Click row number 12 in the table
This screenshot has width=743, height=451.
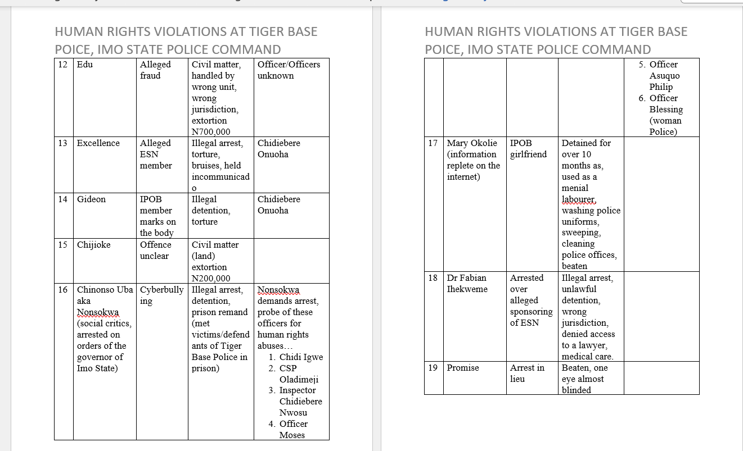point(63,65)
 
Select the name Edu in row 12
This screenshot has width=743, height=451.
point(85,65)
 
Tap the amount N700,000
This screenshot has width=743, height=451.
point(211,132)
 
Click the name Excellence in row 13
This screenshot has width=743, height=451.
point(98,143)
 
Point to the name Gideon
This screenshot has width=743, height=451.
point(91,199)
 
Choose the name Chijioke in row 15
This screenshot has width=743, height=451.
point(93,245)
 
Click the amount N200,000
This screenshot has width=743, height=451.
point(211,279)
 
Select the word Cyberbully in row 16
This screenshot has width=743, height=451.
point(162,290)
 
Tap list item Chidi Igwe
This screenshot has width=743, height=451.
point(301,357)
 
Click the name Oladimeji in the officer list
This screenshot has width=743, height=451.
point(299,380)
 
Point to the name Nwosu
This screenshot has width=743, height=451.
point(293,413)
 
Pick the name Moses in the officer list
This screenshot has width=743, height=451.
point(292,435)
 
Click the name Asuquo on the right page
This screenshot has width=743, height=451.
point(664,76)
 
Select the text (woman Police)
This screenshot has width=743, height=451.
point(665,126)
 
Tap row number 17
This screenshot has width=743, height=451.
point(433,143)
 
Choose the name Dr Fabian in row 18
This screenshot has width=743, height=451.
point(466,278)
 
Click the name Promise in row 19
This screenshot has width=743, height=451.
point(463,368)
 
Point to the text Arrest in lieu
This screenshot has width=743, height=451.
point(527,373)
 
